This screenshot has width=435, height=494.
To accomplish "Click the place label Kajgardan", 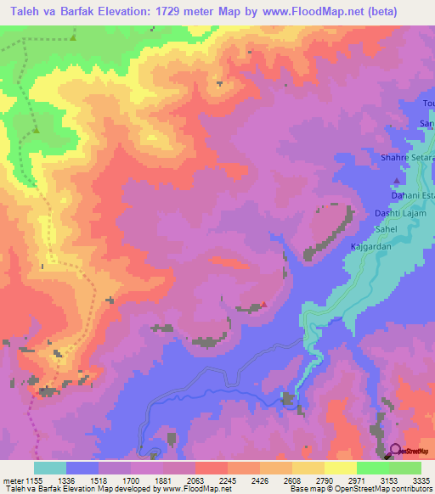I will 371,247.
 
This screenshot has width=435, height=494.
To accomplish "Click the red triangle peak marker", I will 264,304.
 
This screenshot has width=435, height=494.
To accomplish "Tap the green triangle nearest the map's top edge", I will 73,37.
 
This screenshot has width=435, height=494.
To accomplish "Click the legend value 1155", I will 34,480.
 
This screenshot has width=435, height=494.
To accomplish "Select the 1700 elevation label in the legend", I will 131,480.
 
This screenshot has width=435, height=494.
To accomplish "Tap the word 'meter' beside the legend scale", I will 12,480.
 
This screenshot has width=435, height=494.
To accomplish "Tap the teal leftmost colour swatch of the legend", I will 50,468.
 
